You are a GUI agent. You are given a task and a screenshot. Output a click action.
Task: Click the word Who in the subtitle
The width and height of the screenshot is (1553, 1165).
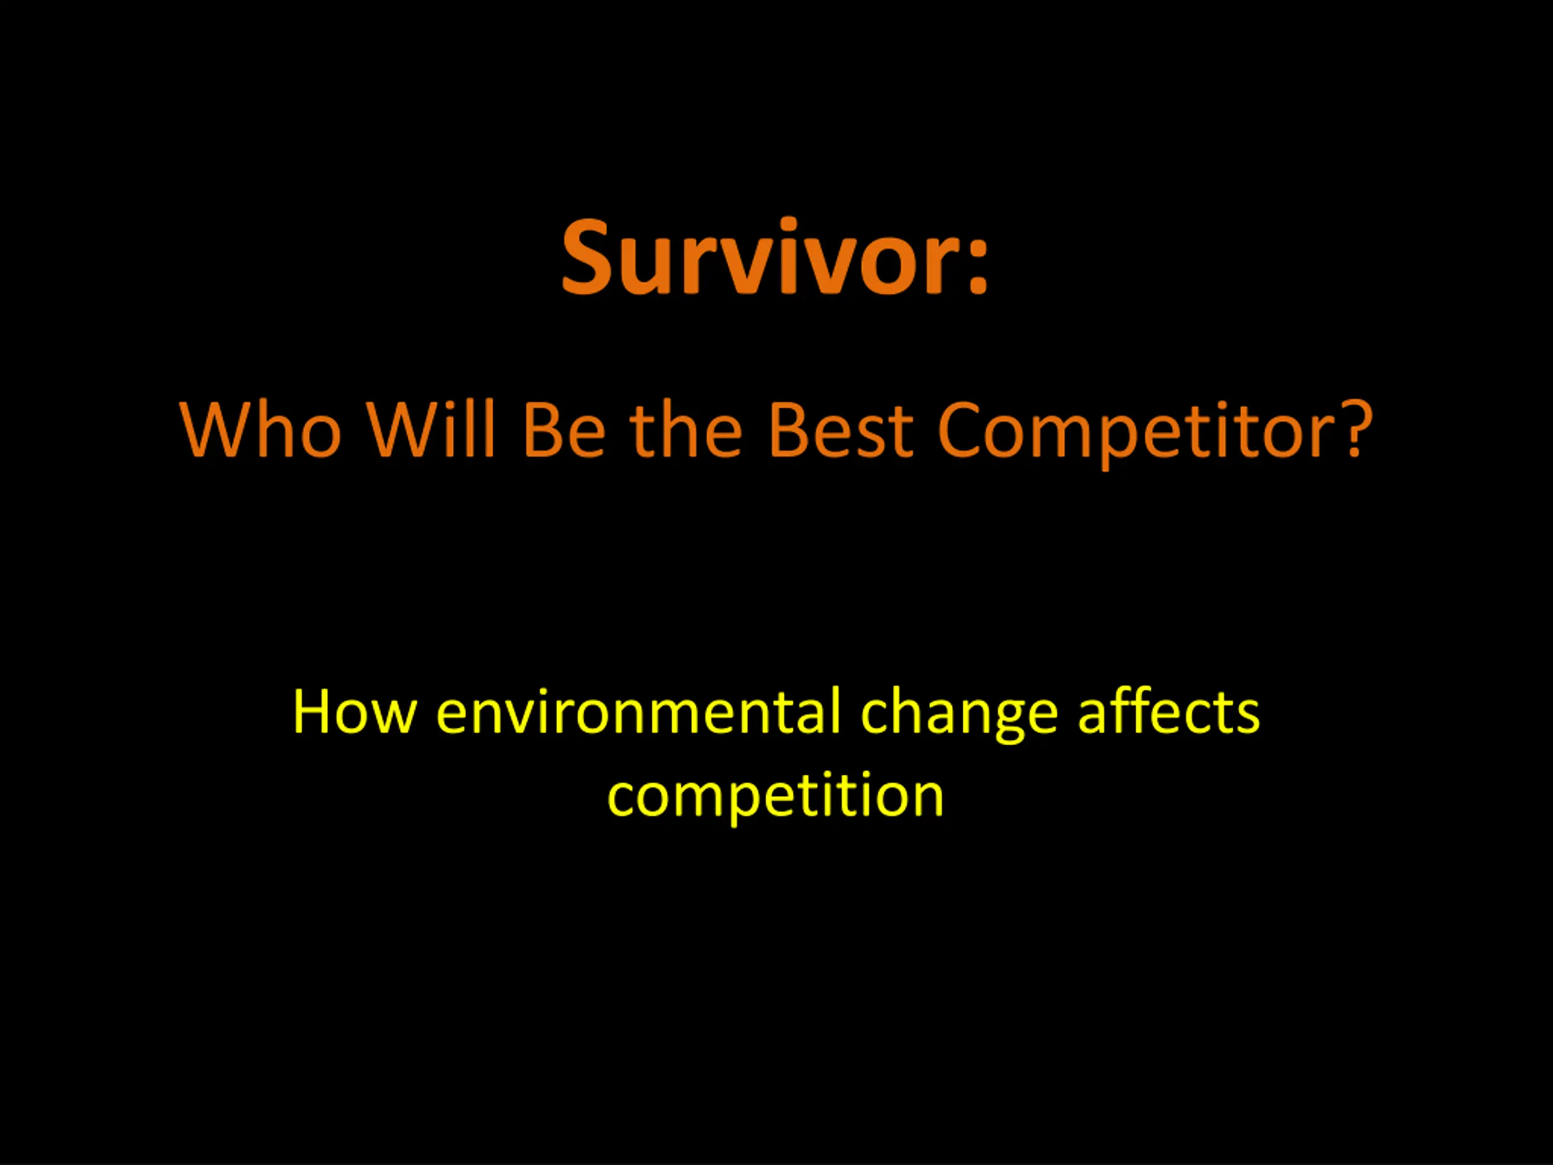[x=260, y=430]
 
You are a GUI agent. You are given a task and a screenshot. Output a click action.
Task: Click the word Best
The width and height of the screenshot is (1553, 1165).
[x=840, y=430]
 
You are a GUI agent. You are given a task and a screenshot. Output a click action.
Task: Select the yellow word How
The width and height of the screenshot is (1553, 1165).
[x=354, y=712]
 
